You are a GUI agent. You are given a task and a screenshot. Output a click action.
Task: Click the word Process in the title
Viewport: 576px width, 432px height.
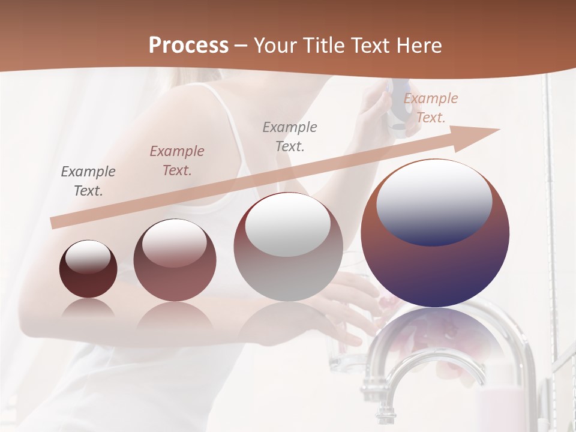pos(188,46)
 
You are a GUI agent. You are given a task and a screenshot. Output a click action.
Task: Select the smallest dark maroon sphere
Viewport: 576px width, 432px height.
pos(88,282)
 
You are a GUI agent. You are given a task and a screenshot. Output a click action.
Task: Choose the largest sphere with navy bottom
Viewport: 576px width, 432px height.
pos(435,270)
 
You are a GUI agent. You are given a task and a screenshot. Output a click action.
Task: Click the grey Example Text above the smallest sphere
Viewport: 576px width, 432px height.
pos(88,181)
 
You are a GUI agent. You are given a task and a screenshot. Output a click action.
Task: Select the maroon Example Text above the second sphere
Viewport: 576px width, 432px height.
pos(176,160)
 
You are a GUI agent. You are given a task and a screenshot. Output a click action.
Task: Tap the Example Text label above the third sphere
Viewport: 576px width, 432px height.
pos(290,136)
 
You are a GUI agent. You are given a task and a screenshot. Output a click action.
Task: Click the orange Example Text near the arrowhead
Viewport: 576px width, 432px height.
pos(431,108)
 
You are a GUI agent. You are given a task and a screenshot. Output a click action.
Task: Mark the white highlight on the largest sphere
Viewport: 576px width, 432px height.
pos(434,201)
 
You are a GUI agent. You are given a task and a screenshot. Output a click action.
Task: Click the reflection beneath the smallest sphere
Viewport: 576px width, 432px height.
pos(88,308)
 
